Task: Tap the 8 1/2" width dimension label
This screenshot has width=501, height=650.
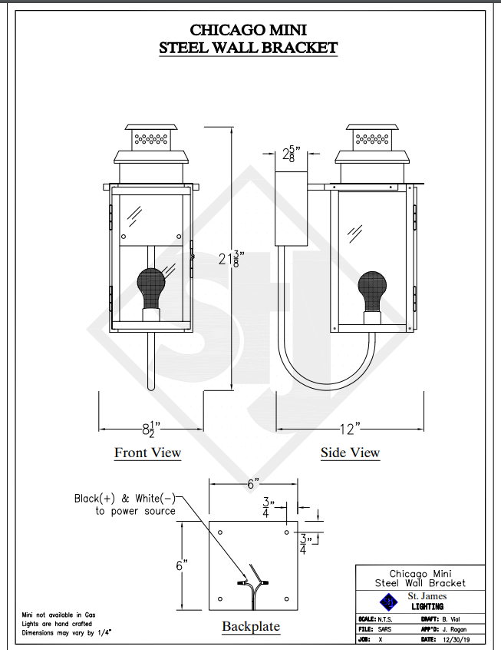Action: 151,429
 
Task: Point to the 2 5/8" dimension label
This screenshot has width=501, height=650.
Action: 291,154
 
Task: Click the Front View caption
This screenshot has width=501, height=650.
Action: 148,453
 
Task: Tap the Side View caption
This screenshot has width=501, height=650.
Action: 351,453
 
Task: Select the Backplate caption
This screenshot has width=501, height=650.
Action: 251,626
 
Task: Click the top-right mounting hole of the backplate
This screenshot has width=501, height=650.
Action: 286,532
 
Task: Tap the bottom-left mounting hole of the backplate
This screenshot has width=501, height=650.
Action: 220,599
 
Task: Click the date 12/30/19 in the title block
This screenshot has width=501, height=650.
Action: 457,640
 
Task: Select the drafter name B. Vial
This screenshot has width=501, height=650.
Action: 451,619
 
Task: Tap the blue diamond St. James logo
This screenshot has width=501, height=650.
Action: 388,602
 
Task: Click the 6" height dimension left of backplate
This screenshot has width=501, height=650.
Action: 181,565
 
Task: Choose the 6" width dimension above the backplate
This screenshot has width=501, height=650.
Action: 253,483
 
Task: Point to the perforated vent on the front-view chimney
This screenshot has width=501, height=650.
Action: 151,139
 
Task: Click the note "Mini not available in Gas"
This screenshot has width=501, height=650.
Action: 58,615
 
